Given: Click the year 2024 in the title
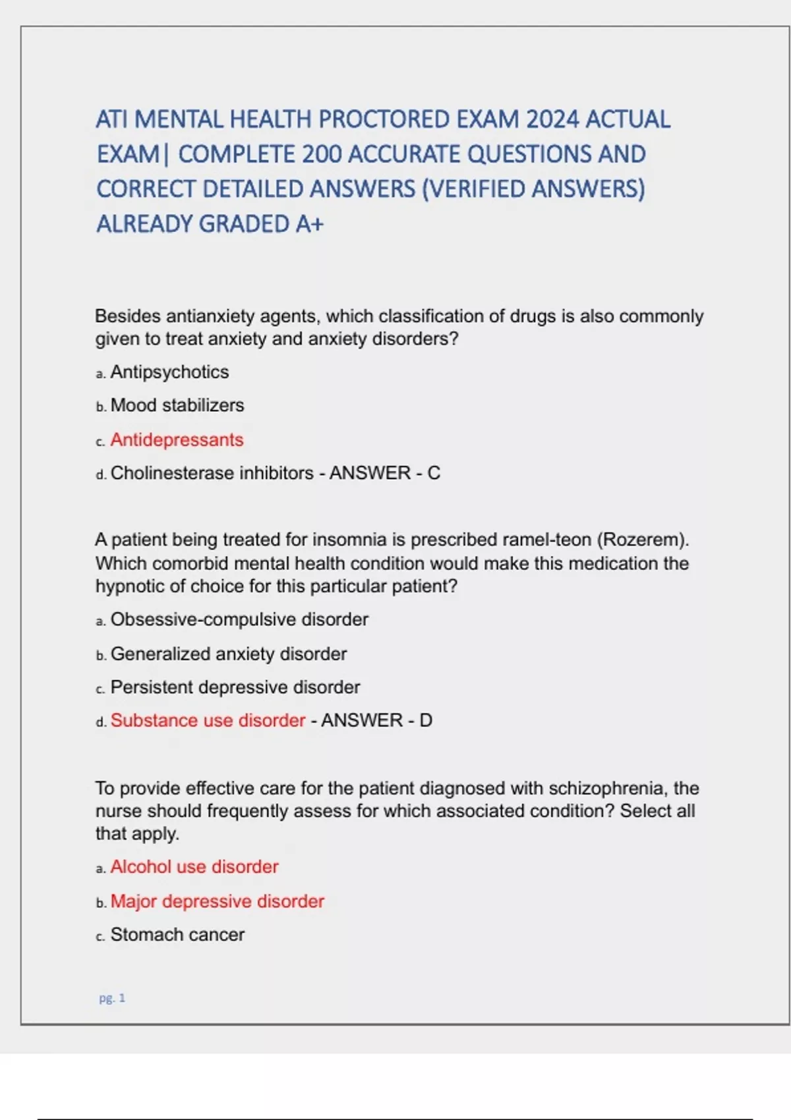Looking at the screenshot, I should pyautogui.click(x=552, y=120).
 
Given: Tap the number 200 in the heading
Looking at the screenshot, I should pyautogui.click(x=322, y=155).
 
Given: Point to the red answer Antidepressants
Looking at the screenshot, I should pyautogui.click(x=177, y=440).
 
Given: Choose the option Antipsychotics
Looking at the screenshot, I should pyautogui.click(x=169, y=372).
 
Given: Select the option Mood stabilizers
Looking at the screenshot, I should pyautogui.click(x=177, y=406).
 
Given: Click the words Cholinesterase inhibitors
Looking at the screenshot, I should pyautogui.click(x=212, y=474).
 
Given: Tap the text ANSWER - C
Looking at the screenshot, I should pyautogui.click(x=385, y=474).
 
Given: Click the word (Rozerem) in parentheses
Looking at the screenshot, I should pyautogui.click(x=643, y=540).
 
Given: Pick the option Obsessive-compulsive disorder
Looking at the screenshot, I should pyautogui.click(x=239, y=620).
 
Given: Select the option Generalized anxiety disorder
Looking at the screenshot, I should pyautogui.click(x=228, y=654).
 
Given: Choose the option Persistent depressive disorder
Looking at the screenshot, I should pyautogui.click(x=235, y=688).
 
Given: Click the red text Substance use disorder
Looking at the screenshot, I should pyautogui.click(x=208, y=721).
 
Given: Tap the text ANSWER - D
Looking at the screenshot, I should pyautogui.click(x=376, y=721).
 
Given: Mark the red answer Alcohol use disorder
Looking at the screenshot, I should pyautogui.click(x=194, y=867).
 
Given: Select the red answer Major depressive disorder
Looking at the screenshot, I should pyautogui.click(x=217, y=902).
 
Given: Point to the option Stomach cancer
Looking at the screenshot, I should pyautogui.click(x=177, y=935).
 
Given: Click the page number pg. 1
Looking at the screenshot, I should pyautogui.click(x=112, y=998).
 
